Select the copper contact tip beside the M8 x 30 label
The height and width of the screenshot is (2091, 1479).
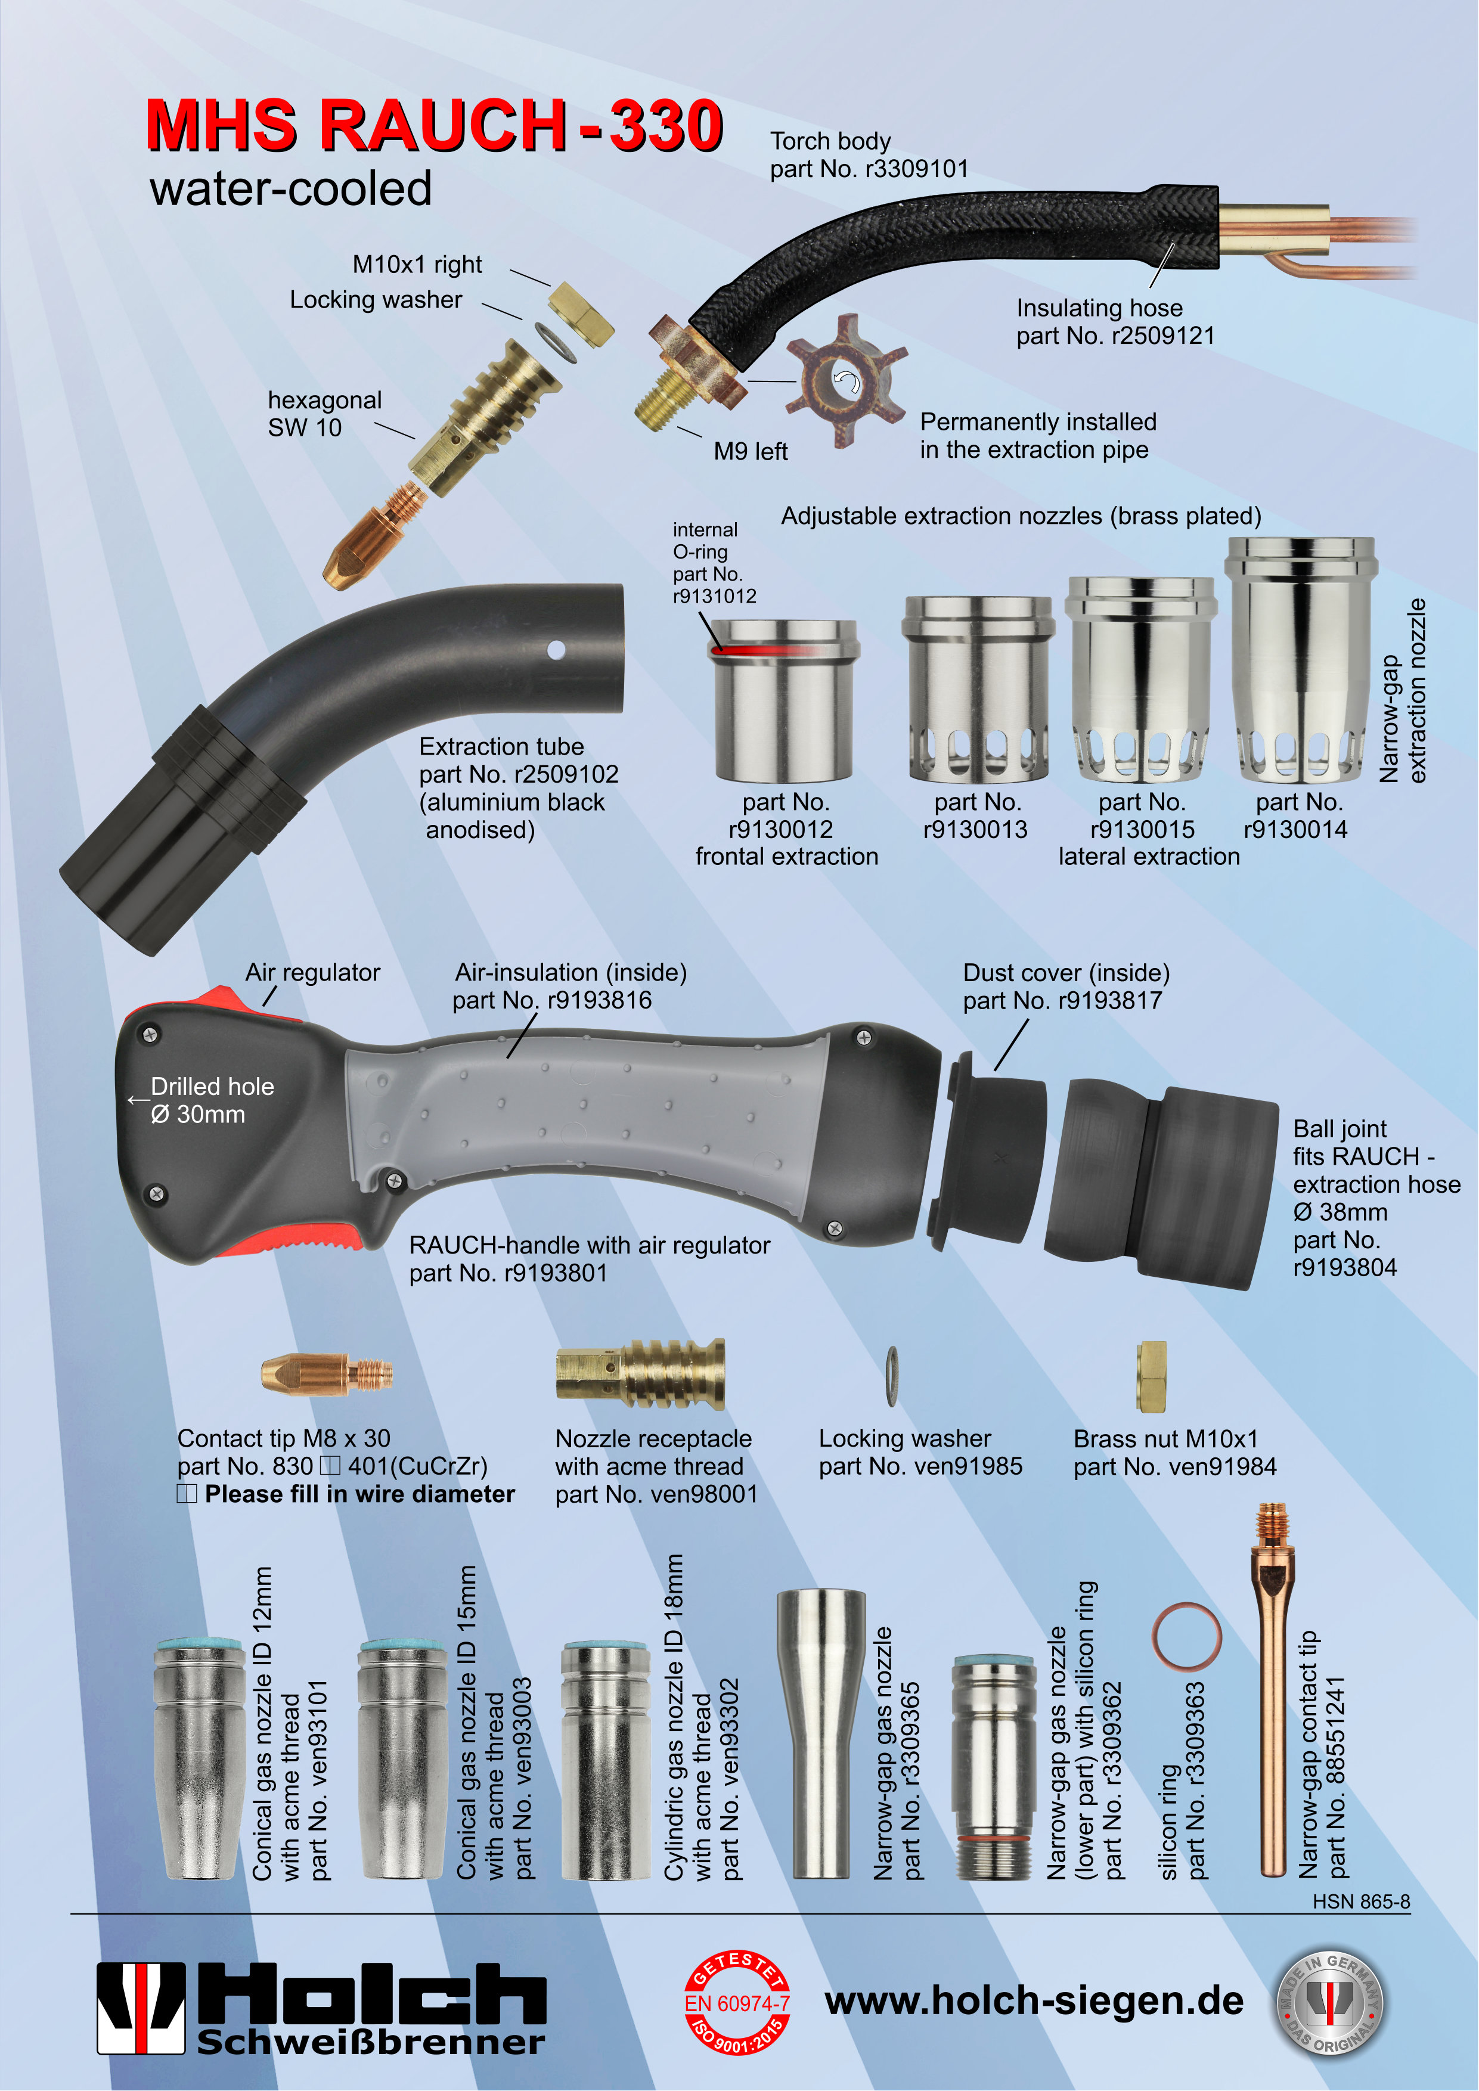point(327,1373)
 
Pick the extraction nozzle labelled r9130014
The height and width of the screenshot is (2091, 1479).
point(1300,659)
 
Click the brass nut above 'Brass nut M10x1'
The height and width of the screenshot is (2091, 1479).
point(1151,1377)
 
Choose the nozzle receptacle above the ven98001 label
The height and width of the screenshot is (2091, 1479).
point(641,1375)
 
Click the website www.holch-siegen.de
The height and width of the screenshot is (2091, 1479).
point(1034,2001)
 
